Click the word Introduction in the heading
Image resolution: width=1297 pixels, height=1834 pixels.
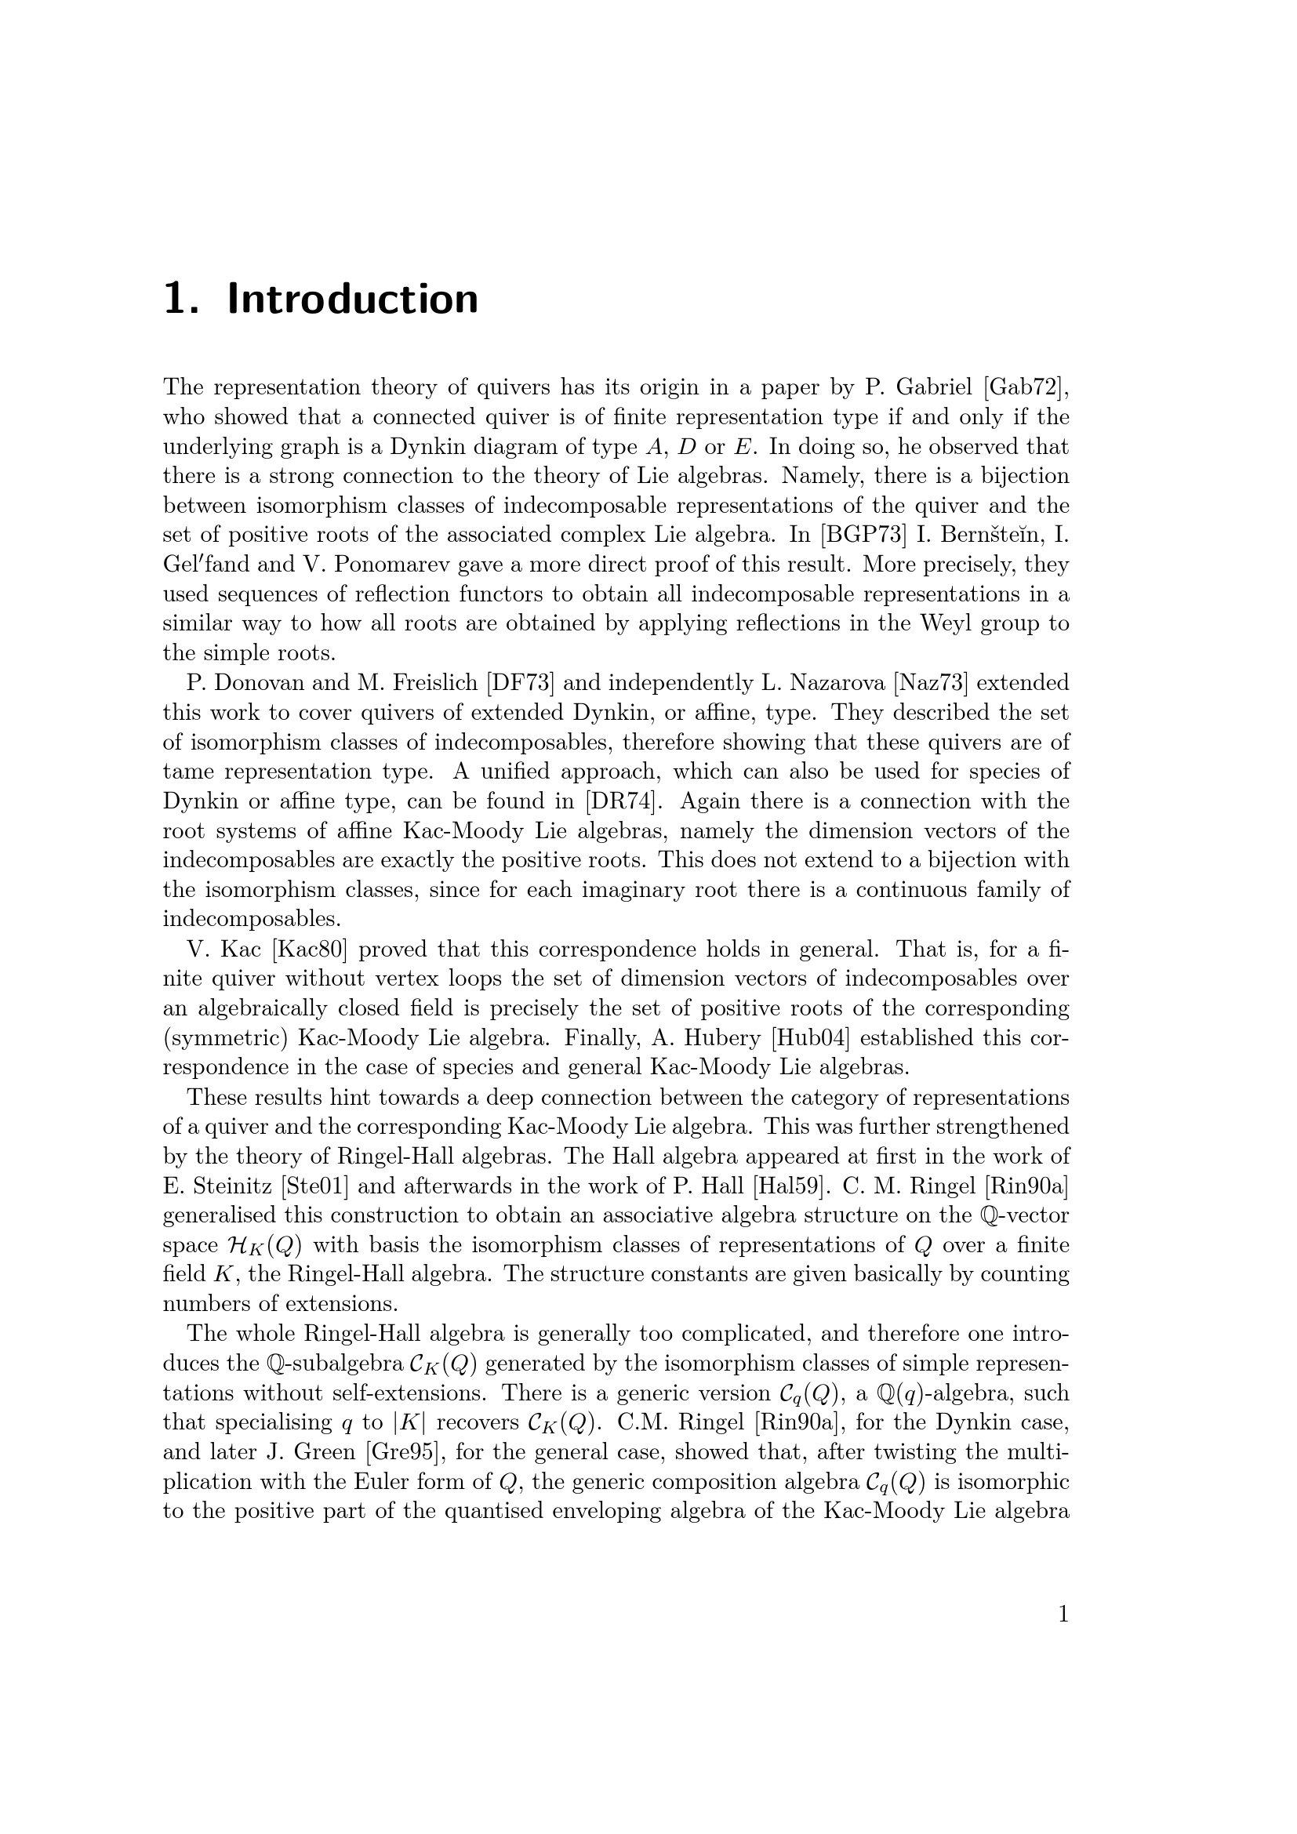[x=353, y=300]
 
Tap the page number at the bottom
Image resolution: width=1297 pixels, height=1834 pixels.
[x=1063, y=1614]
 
